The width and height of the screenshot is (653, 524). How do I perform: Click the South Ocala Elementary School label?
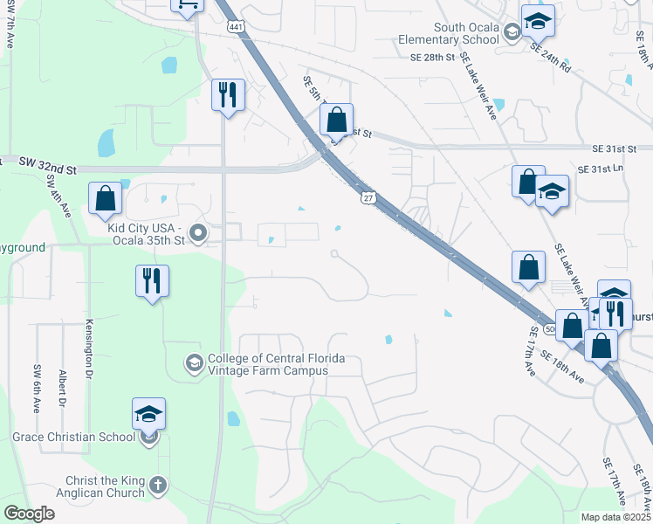tap(448, 33)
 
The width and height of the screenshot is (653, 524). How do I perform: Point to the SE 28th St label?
tap(433, 58)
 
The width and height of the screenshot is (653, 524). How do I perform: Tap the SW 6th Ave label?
tap(37, 388)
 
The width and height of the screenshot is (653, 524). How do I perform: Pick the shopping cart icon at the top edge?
tap(188, 4)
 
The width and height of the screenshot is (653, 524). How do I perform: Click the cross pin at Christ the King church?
tap(157, 485)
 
